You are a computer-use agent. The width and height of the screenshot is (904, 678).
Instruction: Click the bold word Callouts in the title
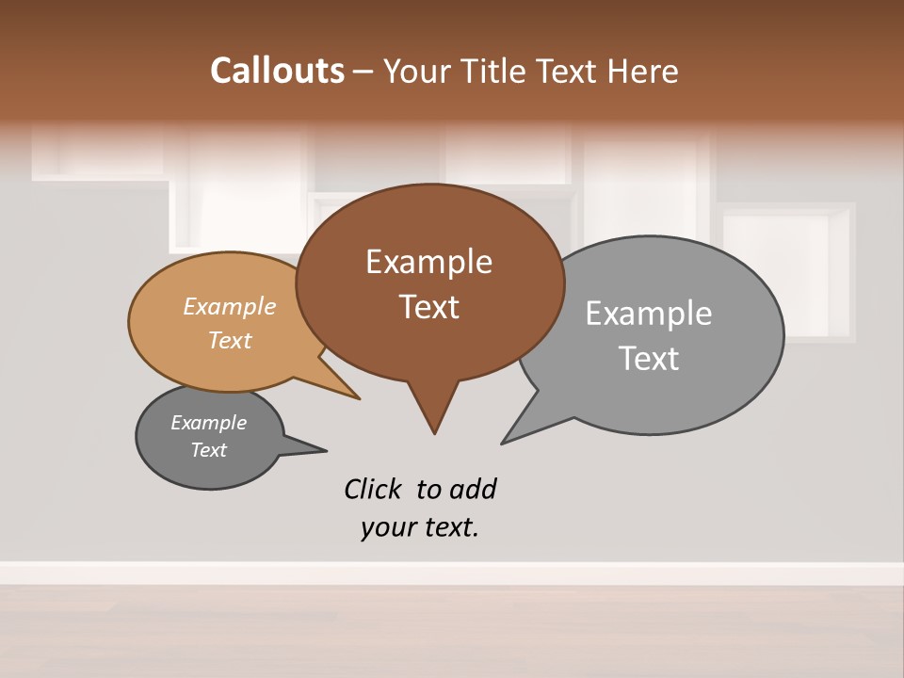coord(277,71)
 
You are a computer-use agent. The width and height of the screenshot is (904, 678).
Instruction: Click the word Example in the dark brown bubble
coord(428,261)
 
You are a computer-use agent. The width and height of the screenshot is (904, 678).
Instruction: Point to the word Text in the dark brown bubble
coord(428,306)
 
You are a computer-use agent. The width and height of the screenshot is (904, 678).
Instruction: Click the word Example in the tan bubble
coord(229,306)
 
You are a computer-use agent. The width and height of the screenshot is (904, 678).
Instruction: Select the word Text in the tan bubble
coord(229,340)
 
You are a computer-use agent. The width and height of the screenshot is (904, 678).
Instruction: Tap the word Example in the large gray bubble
coord(648,313)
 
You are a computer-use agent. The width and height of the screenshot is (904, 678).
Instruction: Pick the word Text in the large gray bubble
coord(648,358)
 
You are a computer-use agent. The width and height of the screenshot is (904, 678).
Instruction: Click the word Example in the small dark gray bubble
coord(208,423)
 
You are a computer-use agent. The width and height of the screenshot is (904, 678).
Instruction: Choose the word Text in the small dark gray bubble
coord(208,450)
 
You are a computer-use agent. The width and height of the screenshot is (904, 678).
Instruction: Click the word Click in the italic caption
coord(372,489)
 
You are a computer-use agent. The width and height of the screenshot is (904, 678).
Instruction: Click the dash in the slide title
coord(363,72)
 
